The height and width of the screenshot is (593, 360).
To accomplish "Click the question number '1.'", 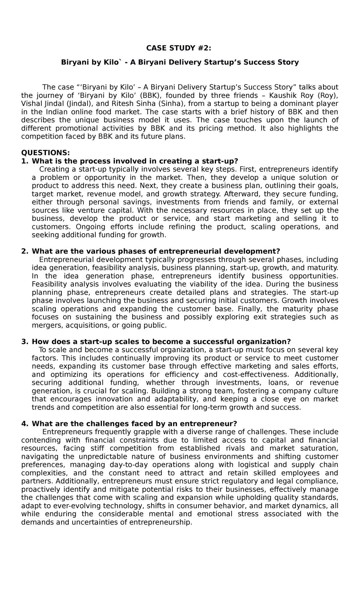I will (x=25, y=161).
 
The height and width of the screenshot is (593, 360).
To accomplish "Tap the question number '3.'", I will (x=25, y=342).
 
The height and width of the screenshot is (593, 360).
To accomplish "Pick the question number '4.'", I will (x=25, y=423).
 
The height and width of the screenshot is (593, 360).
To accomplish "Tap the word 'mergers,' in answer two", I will (x=47, y=325).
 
